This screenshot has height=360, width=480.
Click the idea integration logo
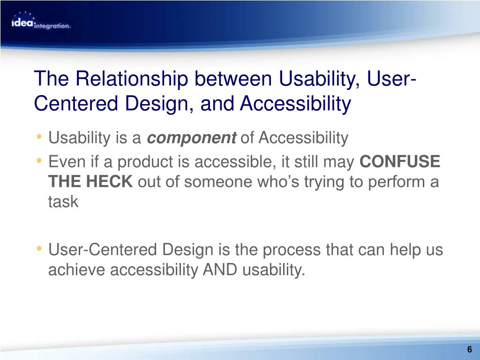click(41, 21)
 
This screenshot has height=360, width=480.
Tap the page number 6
click(470, 349)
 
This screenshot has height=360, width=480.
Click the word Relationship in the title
click(132, 79)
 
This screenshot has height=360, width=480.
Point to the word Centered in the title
click(76, 103)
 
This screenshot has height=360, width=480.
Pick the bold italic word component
click(192, 138)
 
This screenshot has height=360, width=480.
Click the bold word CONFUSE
click(400, 161)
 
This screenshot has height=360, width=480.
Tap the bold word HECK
click(109, 181)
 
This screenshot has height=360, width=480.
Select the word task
click(63, 202)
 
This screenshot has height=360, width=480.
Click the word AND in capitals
click(220, 270)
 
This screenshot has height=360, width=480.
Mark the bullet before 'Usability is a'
click(38, 136)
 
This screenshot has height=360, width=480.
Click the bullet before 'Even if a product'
click(38, 160)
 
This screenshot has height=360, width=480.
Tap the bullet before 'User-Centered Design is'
click(38, 248)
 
